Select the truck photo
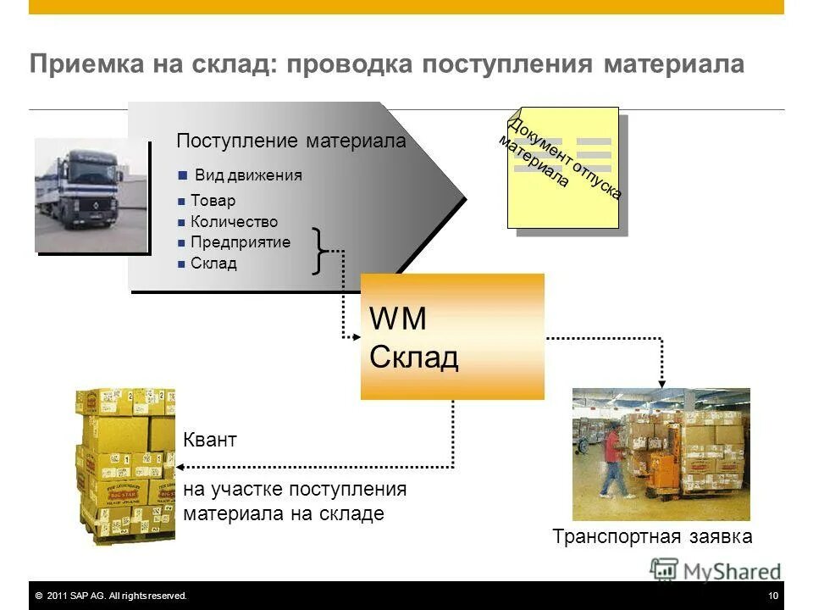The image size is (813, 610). coord(91,195)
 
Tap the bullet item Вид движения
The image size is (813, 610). coord(247,176)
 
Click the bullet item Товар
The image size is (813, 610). coord(213,201)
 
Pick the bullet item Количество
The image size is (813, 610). coord(234,222)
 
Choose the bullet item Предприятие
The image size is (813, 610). coord(240,242)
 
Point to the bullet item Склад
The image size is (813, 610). coord(213,263)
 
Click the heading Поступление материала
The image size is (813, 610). coord(290,141)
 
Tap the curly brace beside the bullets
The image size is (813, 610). coord(318,251)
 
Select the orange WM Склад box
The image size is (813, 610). coord(452,336)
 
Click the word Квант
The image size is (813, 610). coord(210,441)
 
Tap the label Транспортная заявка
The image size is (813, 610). coord(652,536)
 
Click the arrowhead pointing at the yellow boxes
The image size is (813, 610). coord(180,466)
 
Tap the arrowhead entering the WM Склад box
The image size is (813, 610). coord(356,337)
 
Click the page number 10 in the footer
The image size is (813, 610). coord(773,596)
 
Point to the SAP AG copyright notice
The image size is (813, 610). coord(111,596)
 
